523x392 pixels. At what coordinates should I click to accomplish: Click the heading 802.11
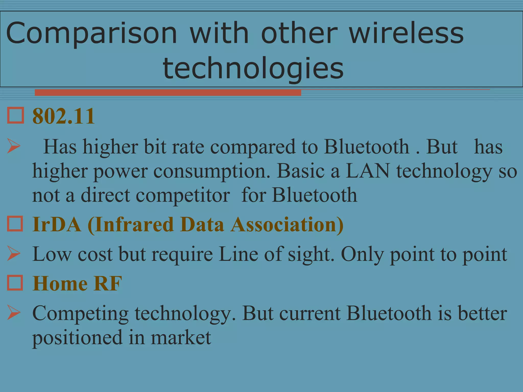[64, 116]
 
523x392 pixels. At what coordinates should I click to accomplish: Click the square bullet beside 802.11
[15, 116]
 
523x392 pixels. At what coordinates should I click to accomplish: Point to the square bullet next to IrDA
[15, 224]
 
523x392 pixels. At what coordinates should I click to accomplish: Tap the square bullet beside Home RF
[15, 283]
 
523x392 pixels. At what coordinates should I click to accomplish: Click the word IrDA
[57, 224]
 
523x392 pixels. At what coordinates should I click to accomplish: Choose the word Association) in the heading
[287, 224]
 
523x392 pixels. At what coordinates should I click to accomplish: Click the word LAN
[367, 171]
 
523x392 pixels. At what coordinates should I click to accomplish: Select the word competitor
[183, 195]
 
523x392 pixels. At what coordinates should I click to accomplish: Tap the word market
[181, 337]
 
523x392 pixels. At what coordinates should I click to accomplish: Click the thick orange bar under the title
[168, 93]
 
